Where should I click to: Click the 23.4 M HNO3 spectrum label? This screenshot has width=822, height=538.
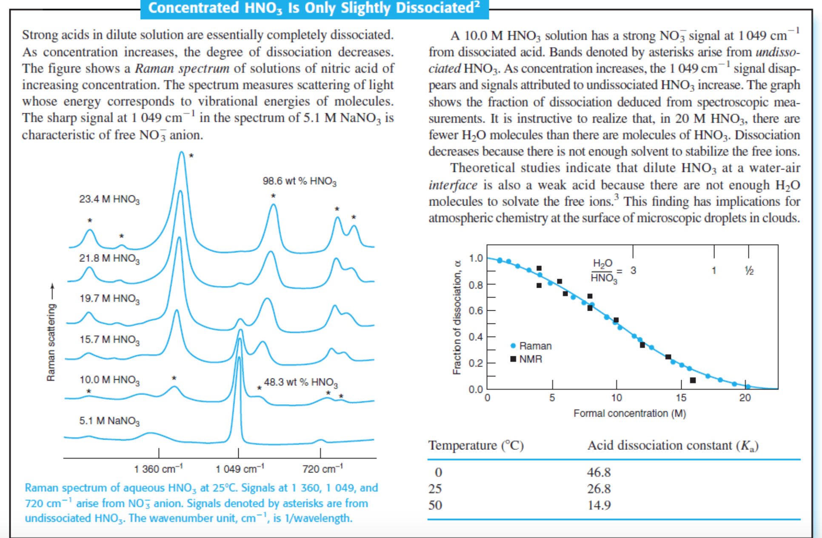coord(109,199)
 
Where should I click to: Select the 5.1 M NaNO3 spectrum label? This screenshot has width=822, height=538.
coord(109,421)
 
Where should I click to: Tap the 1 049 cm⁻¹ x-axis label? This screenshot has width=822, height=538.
coord(240,469)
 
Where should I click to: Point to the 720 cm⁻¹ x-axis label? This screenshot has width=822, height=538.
coord(322,469)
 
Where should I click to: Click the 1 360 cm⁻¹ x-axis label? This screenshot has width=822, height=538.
coord(158,469)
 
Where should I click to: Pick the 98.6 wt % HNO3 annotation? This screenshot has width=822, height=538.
coord(299,181)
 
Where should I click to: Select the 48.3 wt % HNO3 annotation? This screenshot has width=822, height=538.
coord(300,382)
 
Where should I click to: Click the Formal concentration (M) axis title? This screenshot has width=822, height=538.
coord(629,413)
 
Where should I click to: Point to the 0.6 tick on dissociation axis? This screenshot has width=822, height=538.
coord(476,311)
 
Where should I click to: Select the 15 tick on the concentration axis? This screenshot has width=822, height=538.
coord(681,398)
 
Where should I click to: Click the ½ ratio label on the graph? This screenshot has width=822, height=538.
coord(749,271)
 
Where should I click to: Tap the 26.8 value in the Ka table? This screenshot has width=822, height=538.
coord(599,489)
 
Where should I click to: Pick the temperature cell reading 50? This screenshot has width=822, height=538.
coord(435,505)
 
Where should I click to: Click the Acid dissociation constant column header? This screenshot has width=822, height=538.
coord(672,446)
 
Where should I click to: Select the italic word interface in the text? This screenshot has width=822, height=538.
coord(453,185)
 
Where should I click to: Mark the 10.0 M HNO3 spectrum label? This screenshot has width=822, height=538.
coord(109,380)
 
